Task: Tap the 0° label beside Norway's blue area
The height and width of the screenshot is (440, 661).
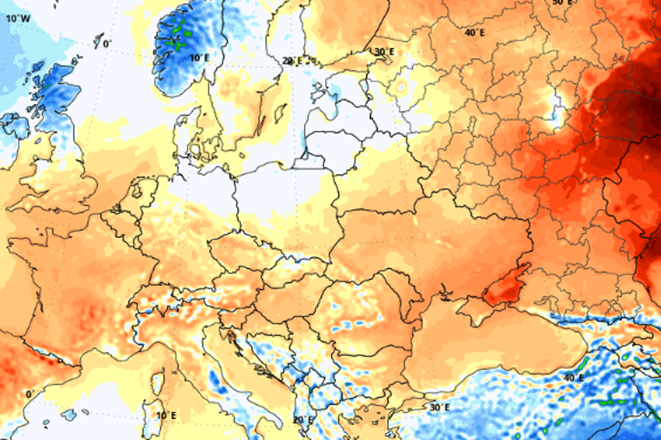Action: [107, 43]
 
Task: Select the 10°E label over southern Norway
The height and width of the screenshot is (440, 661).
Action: [199, 57]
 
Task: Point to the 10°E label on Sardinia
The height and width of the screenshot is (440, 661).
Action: [166, 415]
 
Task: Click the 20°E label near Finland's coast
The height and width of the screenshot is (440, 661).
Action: [292, 60]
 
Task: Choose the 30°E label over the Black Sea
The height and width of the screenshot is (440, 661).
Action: [439, 407]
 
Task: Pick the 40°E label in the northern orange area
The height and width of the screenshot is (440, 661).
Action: [475, 32]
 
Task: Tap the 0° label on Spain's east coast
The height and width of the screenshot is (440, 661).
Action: [30, 394]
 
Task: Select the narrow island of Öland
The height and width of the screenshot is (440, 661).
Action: [261, 125]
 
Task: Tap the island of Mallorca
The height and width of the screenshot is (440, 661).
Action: [68, 414]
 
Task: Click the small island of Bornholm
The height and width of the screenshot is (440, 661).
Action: [242, 154]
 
